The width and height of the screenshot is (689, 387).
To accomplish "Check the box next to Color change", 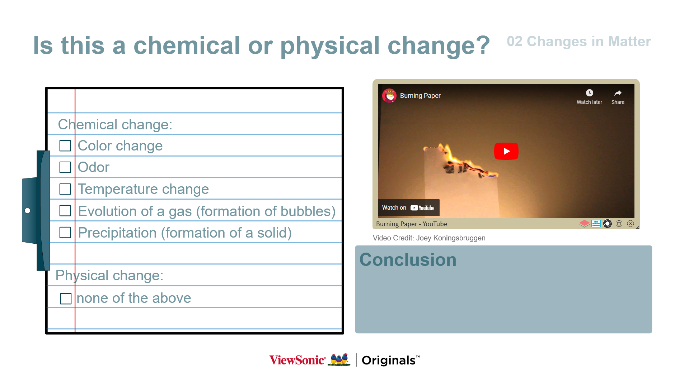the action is pos(65,146).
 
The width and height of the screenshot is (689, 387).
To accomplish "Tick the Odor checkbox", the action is pos(65,167).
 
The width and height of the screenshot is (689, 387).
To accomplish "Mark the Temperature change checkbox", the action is pos(65,189).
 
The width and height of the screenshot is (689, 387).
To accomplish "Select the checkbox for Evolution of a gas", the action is pos(65,211).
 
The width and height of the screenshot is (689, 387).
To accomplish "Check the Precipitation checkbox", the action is pos(65,233).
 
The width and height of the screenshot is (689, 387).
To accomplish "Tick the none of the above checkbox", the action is pos(66,298).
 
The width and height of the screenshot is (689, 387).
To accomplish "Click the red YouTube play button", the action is pos(506,151).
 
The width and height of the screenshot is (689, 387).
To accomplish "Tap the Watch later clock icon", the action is pos(589,93).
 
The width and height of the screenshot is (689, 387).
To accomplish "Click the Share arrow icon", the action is pos(618,93).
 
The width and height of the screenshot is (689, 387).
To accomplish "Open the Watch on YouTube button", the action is pos(408,208).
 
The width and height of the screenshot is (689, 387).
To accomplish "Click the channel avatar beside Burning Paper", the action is pos(389,96).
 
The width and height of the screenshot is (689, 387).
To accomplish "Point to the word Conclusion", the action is pos(408,260).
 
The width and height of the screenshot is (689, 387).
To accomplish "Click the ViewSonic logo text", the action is pos(297,360).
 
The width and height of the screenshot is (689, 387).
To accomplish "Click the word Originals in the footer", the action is pos(389,360).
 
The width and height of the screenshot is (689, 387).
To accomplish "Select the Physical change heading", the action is pos(109,276).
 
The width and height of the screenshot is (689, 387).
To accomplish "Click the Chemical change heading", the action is pos(115,125).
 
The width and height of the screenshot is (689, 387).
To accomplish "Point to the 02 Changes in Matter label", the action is pos(578,42).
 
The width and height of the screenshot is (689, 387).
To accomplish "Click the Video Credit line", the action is pos(429,238).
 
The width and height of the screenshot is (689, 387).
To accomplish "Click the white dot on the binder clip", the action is pos(28,211).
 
